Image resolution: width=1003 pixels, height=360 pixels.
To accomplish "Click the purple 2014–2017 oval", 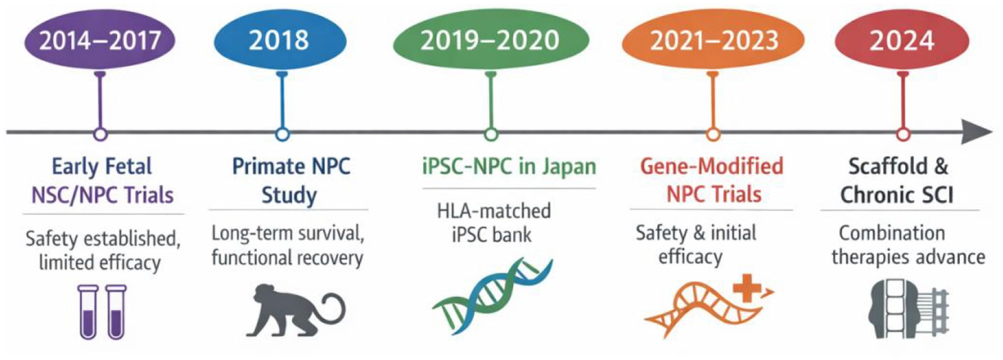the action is [x=100, y=40].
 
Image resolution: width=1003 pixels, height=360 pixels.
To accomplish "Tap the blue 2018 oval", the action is [x=280, y=40].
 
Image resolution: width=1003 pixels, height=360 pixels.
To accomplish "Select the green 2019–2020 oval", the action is [x=491, y=40].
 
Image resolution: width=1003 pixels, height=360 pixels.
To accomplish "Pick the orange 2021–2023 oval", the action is [x=713, y=40].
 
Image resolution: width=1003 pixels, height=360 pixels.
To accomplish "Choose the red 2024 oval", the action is [x=902, y=40].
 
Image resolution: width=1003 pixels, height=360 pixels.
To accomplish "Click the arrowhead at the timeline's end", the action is [x=977, y=132].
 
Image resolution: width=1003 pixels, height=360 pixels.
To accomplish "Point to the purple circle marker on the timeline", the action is [x=100, y=134].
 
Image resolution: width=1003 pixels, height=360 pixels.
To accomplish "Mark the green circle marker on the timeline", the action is [x=491, y=134].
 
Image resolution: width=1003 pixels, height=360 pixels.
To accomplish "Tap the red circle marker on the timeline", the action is [x=903, y=134].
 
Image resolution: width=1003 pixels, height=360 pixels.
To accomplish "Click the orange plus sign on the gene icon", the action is [x=747, y=290].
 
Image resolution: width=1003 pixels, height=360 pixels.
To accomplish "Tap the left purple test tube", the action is [x=88, y=312].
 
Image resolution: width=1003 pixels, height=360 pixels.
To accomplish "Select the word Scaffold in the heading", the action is [x=888, y=166].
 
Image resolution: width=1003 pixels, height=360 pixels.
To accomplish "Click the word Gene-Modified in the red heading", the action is [x=711, y=166].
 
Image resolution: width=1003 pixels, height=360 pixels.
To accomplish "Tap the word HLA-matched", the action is [x=494, y=211].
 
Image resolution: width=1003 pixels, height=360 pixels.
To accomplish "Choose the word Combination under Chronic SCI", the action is [x=891, y=233].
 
